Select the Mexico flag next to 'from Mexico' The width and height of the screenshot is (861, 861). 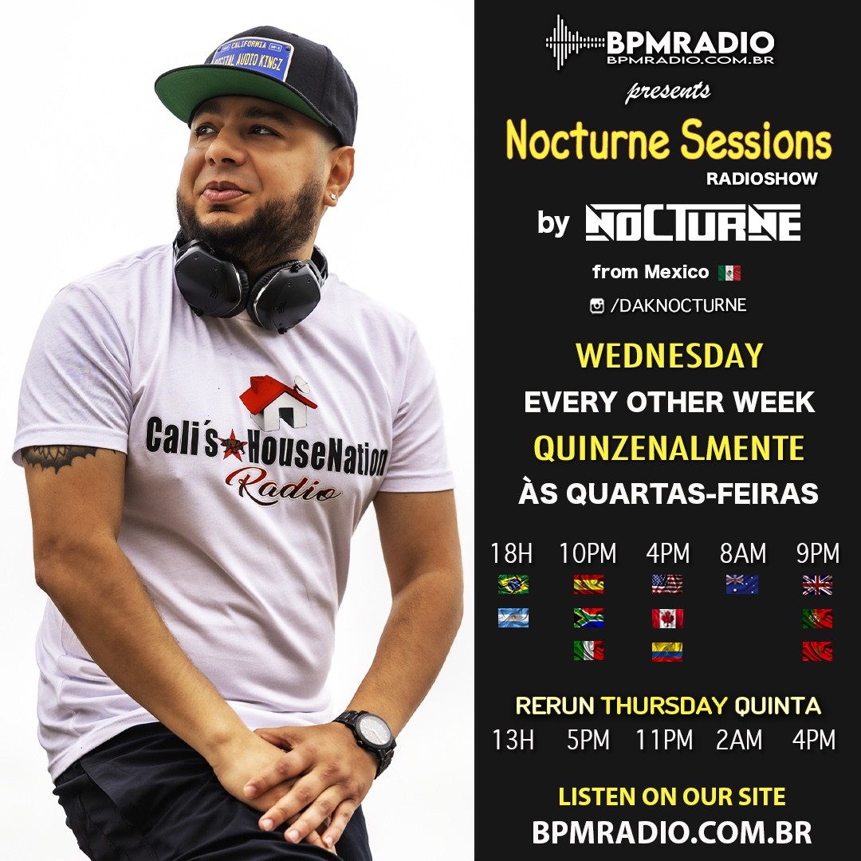729,273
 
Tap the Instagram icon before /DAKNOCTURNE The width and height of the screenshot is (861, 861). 597,306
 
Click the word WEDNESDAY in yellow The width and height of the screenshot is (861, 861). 670,356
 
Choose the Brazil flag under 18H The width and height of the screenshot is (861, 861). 513,584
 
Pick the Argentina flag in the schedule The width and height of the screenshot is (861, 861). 513,618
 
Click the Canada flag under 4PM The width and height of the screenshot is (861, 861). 668,619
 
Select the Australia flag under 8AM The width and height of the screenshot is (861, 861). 742,584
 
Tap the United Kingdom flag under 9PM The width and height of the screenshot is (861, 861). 817,585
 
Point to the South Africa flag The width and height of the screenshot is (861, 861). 588,618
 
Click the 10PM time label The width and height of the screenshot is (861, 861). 588,553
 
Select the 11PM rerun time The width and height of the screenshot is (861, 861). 664,740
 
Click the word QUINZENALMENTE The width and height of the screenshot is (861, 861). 669,448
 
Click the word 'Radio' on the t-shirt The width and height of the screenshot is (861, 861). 282,486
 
